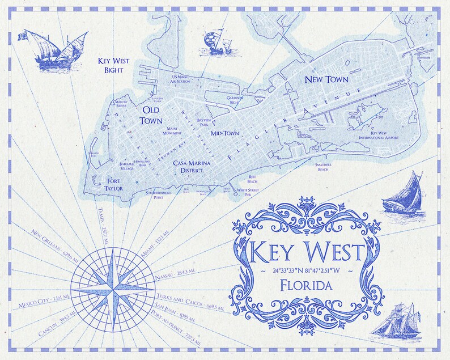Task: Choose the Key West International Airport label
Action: point(384,134)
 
